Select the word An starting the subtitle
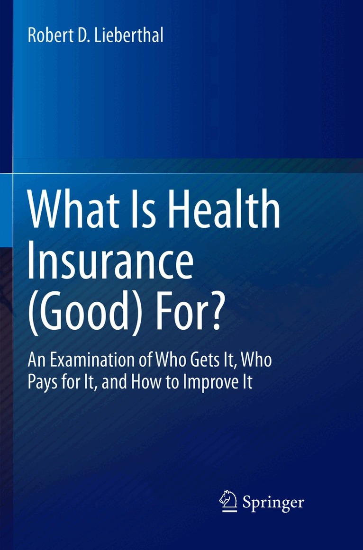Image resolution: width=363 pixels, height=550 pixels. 36,361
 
